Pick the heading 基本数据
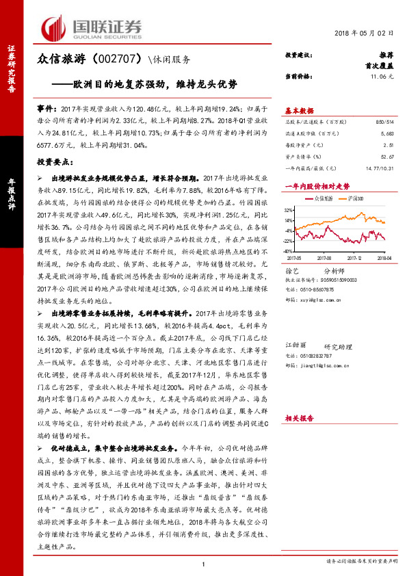[x=300, y=109]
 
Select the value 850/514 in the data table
[x=384, y=120]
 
